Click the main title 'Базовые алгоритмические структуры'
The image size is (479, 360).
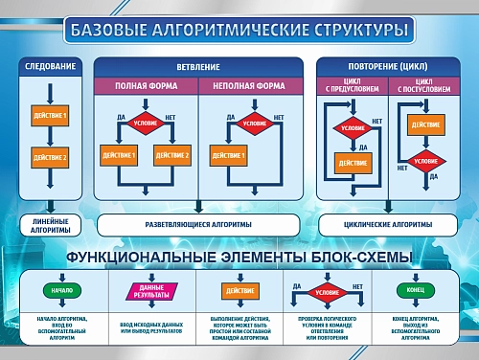coord(239,31)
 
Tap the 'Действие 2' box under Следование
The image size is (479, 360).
coord(51,157)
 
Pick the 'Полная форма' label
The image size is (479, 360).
coord(146,86)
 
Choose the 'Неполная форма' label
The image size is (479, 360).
coord(249,86)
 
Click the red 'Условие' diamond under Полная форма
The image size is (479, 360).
coord(146,124)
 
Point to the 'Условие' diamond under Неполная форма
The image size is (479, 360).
coord(254,124)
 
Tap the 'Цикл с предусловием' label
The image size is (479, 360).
coord(353,86)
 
